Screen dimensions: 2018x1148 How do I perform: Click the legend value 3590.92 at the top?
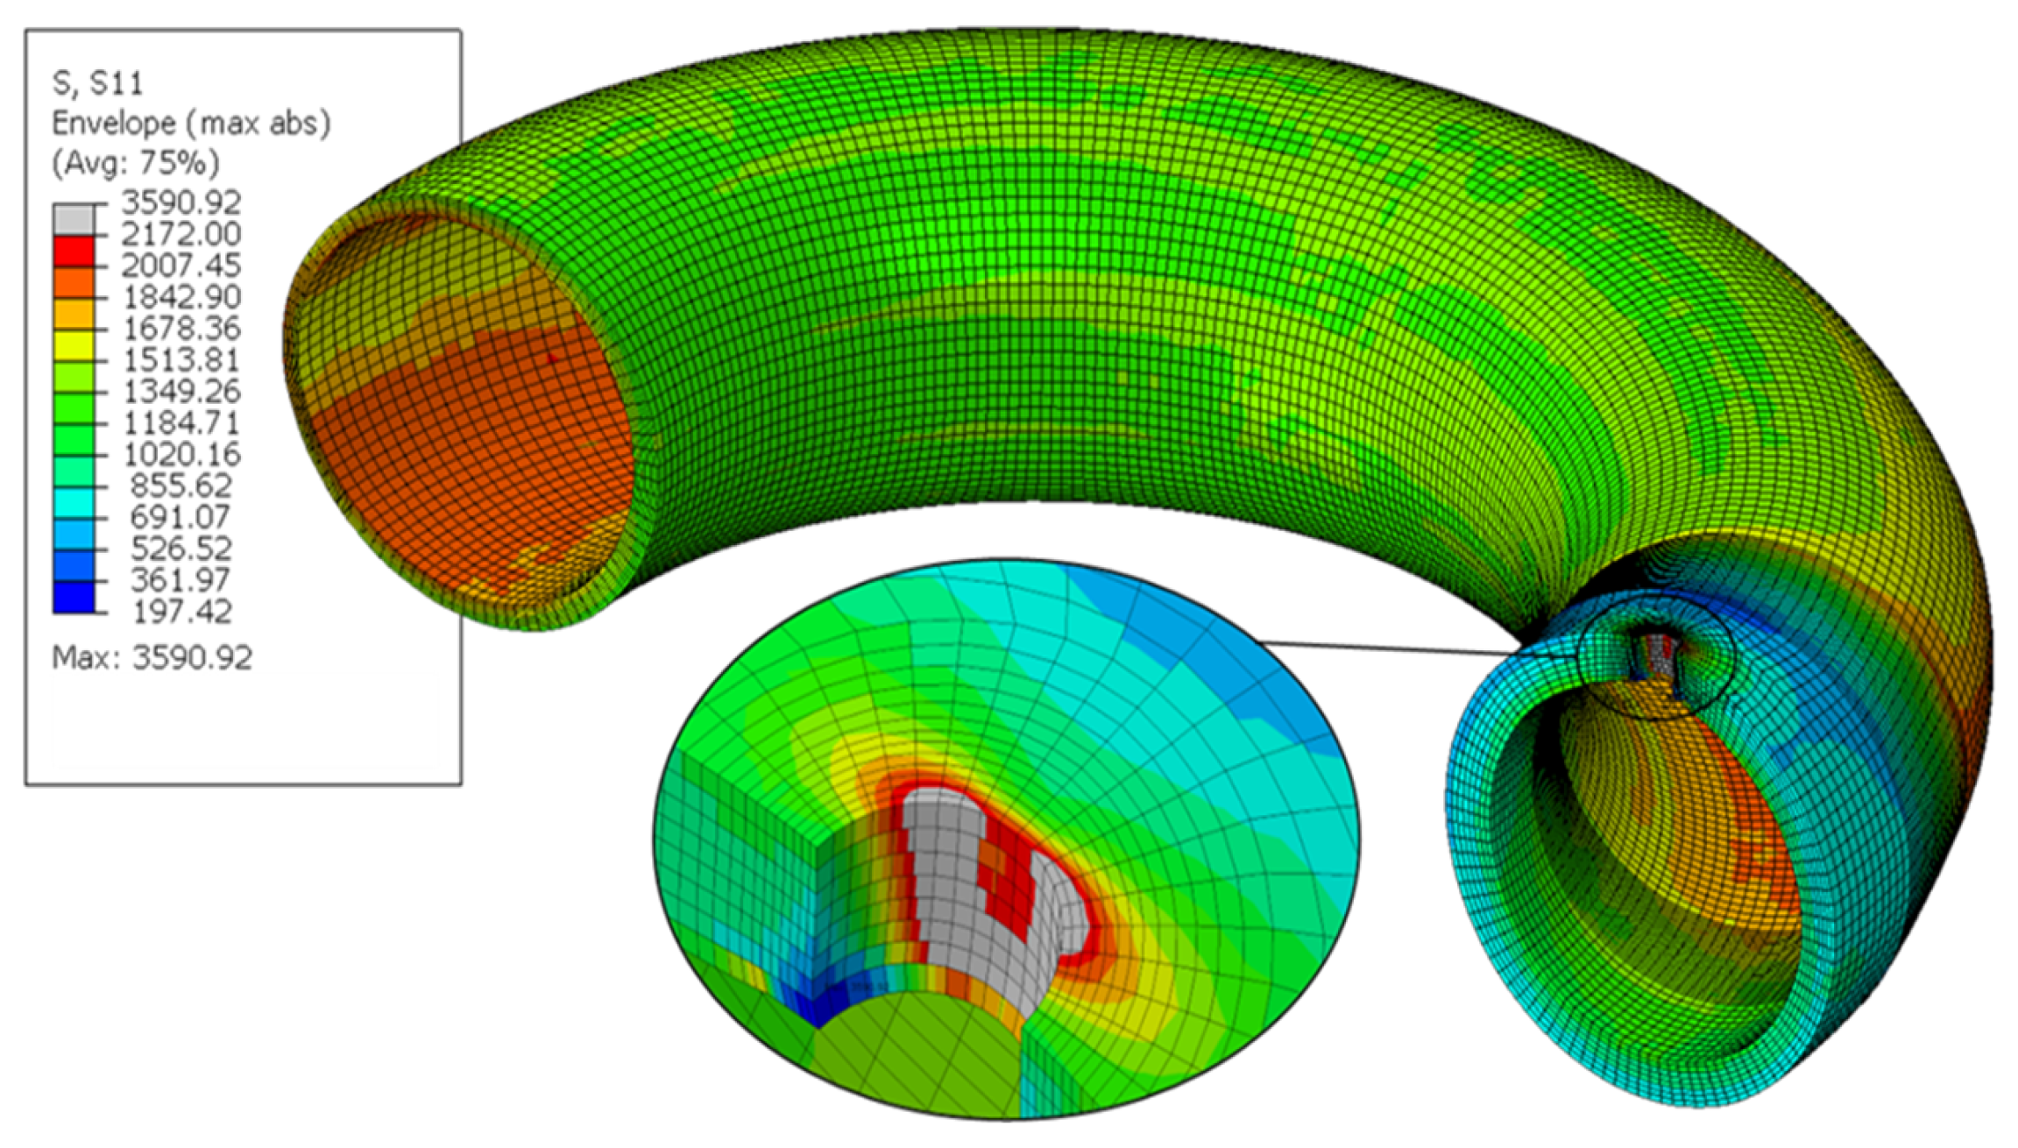pos(181,202)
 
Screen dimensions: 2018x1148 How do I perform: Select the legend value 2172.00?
pos(181,234)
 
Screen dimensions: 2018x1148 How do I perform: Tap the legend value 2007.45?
pos(181,266)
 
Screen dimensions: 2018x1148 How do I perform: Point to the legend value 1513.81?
pos(181,360)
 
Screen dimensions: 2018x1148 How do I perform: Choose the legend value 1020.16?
pos(181,455)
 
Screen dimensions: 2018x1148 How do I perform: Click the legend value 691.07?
pos(181,517)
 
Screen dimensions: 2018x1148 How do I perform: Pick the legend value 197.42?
pos(181,612)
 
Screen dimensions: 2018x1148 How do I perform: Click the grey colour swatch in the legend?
pos(74,219)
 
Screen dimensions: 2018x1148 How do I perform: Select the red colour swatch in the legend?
pos(74,251)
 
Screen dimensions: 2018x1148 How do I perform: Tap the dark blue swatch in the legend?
pos(74,597)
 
